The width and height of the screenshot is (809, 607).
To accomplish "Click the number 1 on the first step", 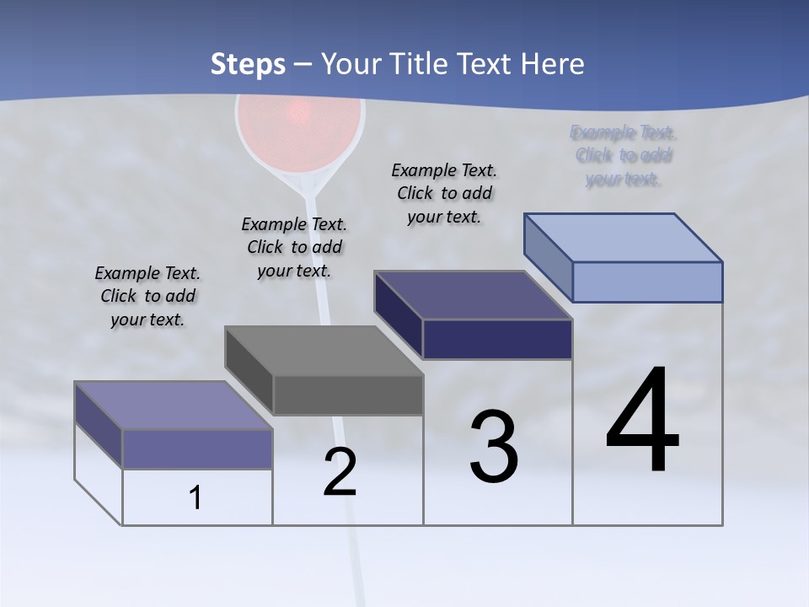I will tap(196, 497).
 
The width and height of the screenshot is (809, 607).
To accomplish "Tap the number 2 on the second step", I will tap(340, 471).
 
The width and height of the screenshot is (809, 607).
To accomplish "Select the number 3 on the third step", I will tap(493, 447).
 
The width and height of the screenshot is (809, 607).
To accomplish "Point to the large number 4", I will tap(642, 422).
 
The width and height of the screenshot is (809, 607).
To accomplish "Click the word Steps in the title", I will tap(248, 64).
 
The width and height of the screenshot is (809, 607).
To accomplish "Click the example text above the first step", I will tap(147, 296).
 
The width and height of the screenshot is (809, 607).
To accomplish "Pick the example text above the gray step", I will tap(294, 247).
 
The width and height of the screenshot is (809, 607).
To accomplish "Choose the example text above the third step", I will tap(444, 193).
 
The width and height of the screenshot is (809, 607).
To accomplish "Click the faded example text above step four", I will tap(624, 156).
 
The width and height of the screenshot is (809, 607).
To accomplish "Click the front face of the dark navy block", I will tap(497, 339).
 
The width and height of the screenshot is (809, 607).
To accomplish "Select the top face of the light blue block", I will tap(624, 237).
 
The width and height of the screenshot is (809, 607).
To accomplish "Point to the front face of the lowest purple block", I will tap(197, 449).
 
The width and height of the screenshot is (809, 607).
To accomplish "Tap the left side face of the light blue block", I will tap(548, 257).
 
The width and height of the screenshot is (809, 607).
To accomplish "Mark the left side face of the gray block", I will tap(249, 370).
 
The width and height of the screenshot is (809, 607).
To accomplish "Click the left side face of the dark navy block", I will tap(399, 314).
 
